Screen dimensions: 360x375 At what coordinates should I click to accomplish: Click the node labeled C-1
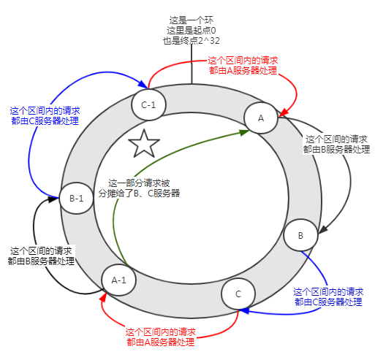point(148,106)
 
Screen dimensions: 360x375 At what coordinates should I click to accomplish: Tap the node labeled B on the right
point(300,235)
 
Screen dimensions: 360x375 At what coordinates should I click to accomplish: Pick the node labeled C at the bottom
point(238,294)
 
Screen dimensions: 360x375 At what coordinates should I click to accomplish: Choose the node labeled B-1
point(76,198)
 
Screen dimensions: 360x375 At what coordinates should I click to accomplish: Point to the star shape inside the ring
point(144,145)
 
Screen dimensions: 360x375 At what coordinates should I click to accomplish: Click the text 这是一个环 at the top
point(191,19)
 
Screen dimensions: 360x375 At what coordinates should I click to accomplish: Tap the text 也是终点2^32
point(191,41)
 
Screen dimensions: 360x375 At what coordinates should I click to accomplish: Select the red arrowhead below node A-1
point(103,298)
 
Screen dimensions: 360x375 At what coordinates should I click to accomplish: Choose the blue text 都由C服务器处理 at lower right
point(328,301)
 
